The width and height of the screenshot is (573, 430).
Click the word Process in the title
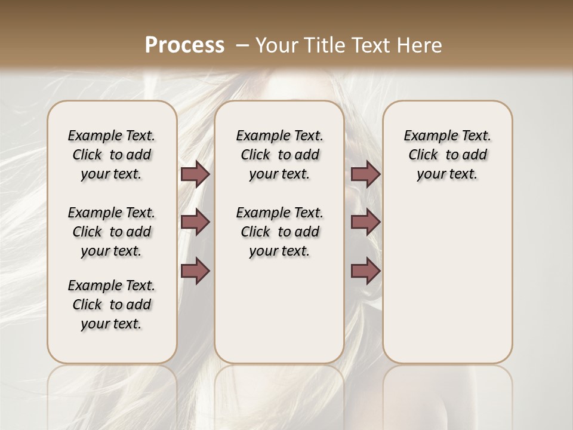pos(184,45)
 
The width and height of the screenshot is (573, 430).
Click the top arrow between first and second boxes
pos(195,174)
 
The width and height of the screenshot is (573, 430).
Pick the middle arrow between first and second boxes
pos(195,222)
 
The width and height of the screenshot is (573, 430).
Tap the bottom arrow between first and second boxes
pos(195,271)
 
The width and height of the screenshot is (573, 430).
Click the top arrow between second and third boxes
pos(365,174)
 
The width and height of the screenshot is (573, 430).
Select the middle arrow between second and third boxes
pos(365,222)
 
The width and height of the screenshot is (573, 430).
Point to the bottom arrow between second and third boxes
pos(365,271)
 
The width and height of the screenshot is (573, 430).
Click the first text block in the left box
pos(112,155)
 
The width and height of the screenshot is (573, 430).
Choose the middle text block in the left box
pos(112,232)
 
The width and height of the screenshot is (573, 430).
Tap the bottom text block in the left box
pos(112,305)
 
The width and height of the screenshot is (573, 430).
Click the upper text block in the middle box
pos(279,155)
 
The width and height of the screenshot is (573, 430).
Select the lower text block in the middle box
pos(279,232)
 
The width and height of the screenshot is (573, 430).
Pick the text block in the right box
pos(447,155)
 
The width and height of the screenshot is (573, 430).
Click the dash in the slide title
pos(242,45)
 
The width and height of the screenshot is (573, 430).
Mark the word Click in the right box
pos(423,155)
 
